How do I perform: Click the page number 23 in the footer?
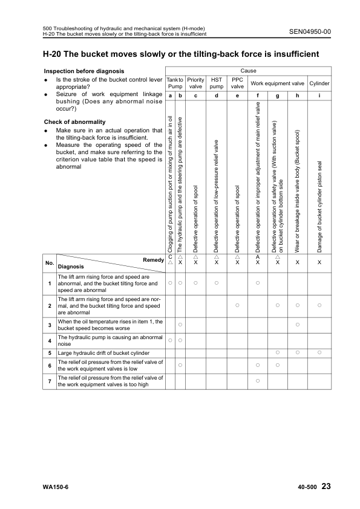[x=327, y=487]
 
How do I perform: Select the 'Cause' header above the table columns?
[x=249, y=71]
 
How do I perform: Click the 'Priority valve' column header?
[x=195, y=83]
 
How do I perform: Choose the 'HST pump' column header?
[x=217, y=83]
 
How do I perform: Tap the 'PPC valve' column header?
[x=238, y=83]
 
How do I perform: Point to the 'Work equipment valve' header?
[x=278, y=83]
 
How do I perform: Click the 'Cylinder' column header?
[x=319, y=83]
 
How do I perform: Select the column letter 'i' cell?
[x=319, y=96]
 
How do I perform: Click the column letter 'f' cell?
[x=258, y=96]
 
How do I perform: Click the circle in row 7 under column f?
[x=258, y=380]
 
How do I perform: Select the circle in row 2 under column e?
[x=237, y=305]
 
